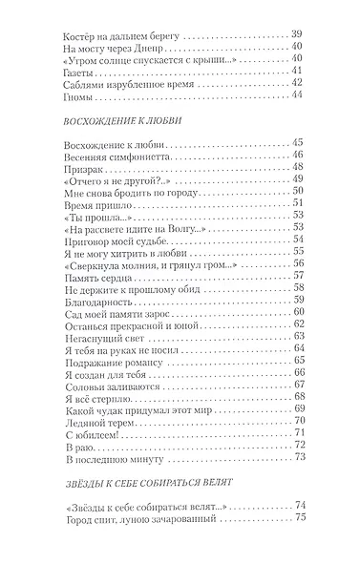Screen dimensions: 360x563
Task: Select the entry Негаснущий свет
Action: click(94, 335)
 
